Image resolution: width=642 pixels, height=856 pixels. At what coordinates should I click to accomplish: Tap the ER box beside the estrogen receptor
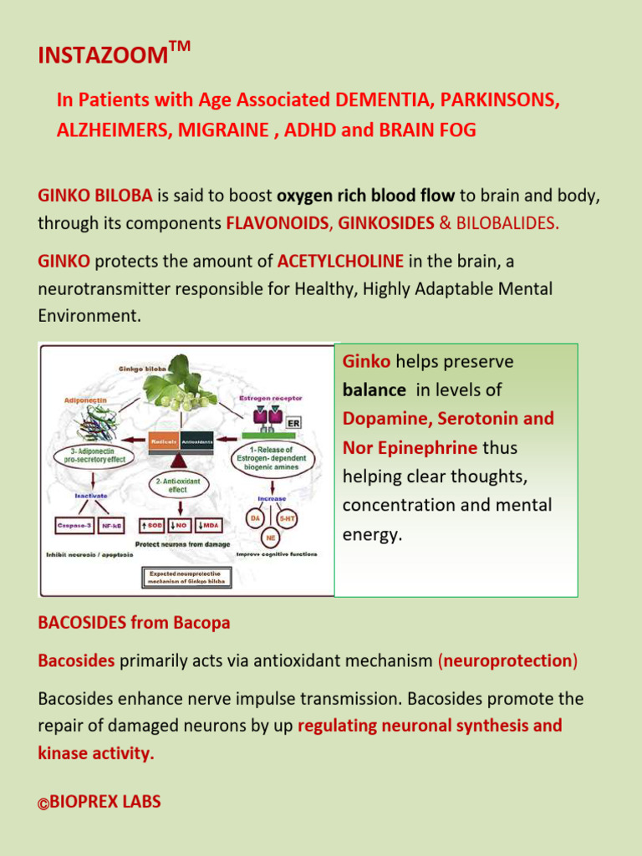point(293,423)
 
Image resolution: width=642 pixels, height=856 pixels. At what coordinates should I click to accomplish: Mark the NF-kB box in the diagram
point(111,527)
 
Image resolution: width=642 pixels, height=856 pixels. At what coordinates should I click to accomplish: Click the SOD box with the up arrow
point(150,527)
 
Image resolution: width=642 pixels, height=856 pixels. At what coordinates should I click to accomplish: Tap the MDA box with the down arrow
point(208,527)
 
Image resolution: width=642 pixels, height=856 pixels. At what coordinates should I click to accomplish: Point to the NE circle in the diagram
point(271,538)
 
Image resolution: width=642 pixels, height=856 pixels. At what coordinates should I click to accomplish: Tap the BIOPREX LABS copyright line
point(99,802)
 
